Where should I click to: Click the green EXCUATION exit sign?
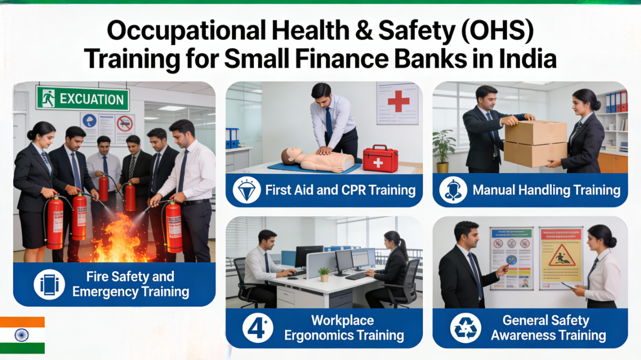coord(83,98)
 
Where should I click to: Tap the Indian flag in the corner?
coord(22,335)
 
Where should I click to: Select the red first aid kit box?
coord(380,159)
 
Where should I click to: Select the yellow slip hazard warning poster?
coord(561,257)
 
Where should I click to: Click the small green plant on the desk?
coord(324,273)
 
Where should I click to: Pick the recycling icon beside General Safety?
coord(465,328)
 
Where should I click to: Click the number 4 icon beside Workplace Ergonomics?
coord(258,328)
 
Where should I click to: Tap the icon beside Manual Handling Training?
coord(453,190)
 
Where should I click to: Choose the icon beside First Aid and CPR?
coord(247,190)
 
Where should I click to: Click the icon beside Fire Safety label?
coord(49,284)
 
